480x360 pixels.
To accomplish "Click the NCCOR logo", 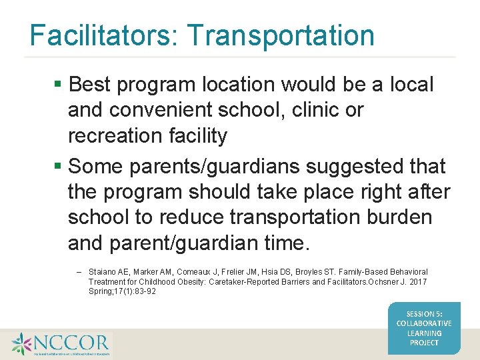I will [x=60, y=344].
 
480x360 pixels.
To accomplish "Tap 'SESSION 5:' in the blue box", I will [x=424, y=313].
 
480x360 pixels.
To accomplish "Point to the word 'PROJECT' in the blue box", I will [x=424, y=343].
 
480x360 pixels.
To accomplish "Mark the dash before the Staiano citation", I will [x=79, y=272].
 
